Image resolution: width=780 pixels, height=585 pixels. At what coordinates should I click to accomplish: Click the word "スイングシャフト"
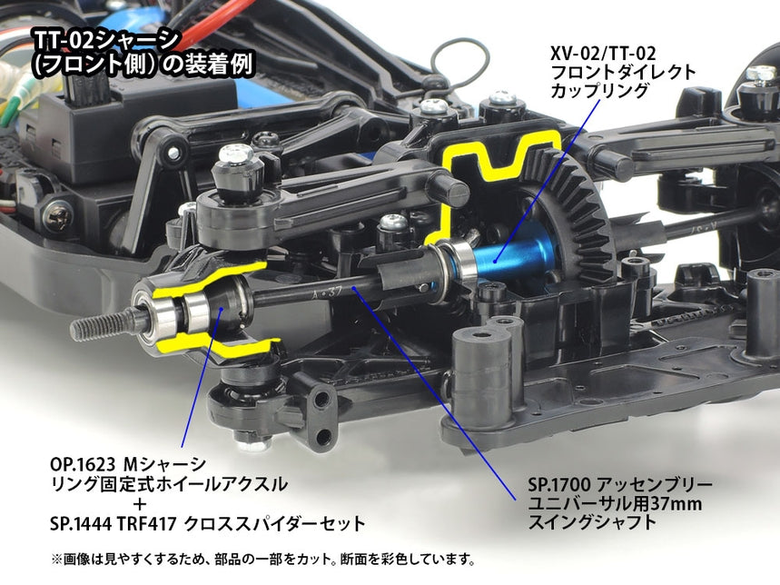(591, 522)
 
